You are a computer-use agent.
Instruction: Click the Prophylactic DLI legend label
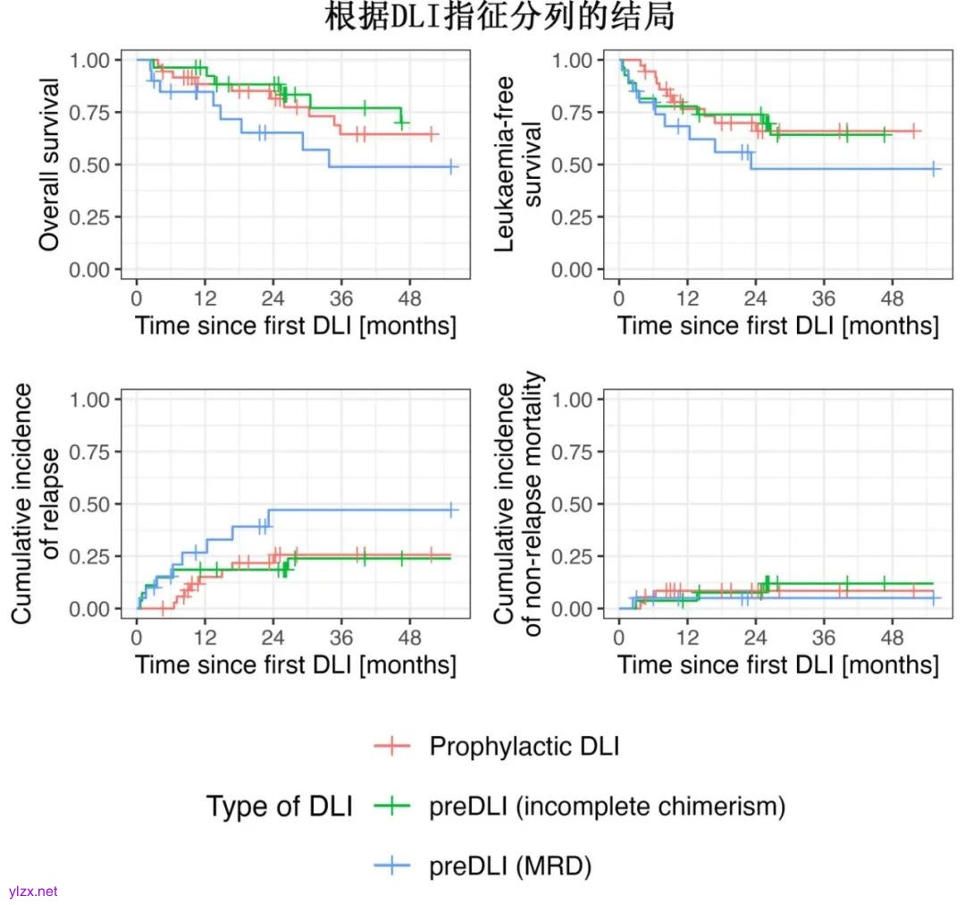pos(524,747)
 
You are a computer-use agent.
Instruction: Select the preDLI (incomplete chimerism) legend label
pos(607,807)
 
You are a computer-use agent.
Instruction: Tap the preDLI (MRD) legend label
pos(510,866)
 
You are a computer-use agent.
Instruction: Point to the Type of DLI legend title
pos(280,807)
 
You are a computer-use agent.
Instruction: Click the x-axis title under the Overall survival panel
pos(296,325)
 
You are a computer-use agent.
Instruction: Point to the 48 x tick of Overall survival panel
pos(409,296)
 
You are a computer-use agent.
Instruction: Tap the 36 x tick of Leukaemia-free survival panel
pos(823,296)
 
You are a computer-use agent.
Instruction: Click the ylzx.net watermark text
pos(33,892)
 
